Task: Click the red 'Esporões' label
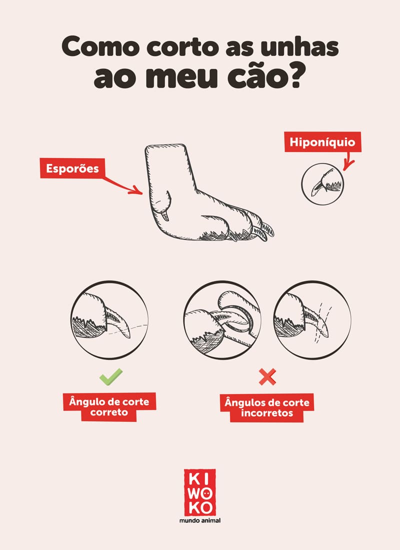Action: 72,168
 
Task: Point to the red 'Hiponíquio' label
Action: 322,142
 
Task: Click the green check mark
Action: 110,376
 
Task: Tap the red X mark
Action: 267,376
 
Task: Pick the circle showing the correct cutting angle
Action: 110,319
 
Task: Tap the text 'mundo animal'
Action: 200,520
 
